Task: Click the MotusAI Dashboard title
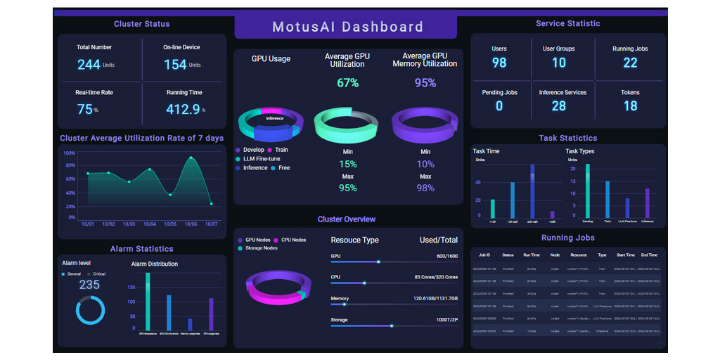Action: click(347, 27)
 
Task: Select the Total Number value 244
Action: click(89, 65)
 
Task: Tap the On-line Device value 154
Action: click(175, 65)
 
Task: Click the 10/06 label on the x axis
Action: click(191, 224)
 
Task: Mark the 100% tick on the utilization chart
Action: click(69, 153)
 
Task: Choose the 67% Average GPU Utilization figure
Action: click(347, 83)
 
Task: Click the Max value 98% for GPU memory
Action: click(425, 188)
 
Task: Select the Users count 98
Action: click(499, 63)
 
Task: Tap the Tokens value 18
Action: click(630, 106)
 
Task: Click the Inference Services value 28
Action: click(558, 106)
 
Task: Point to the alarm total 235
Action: click(89, 285)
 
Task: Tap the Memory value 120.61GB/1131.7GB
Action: click(435, 299)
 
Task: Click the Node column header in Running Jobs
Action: click(555, 255)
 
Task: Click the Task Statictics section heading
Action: click(567, 139)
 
